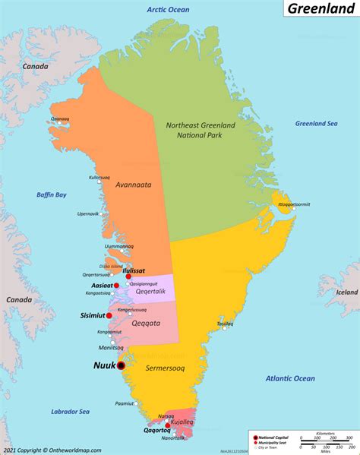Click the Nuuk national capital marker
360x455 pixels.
[x=121, y=365]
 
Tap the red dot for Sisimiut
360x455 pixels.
[x=109, y=315]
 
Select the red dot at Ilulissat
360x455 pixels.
[x=128, y=277]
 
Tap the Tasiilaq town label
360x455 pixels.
[x=225, y=324]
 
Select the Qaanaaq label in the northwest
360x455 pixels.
[x=60, y=119]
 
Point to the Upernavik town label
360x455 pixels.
[x=88, y=214]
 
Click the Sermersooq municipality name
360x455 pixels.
[x=166, y=368]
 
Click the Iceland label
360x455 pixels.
[x=347, y=292]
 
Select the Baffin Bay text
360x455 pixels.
[x=51, y=195]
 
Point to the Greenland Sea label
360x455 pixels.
[x=316, y=123]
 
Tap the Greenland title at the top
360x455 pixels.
[x=319, y=11]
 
